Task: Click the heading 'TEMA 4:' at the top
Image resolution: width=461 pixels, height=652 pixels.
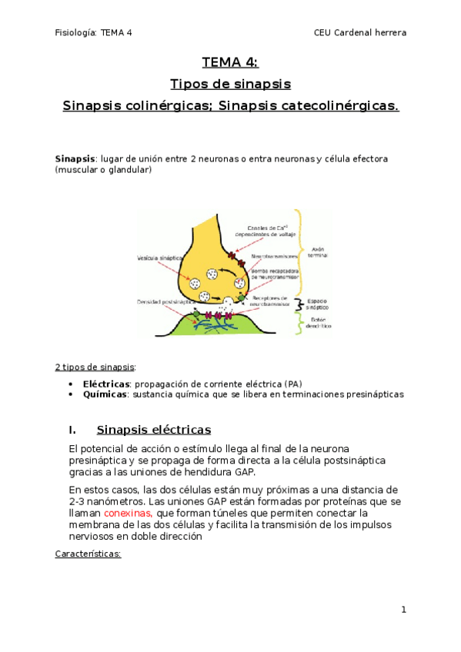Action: tap(230, 63)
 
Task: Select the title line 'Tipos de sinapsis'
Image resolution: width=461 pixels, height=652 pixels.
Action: tap(230, 84)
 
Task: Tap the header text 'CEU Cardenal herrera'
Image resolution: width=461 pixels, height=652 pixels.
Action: tap(360, 32)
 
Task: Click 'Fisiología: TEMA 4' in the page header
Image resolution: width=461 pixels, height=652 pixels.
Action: tap(94, 32)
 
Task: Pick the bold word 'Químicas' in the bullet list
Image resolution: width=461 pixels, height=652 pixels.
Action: tap(104, 394)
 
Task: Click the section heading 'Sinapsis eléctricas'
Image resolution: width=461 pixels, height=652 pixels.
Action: tap(153, 429)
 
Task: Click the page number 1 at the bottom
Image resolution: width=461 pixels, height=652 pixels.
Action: tap(403, 610)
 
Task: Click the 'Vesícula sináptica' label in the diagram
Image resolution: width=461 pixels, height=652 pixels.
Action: tap(160, 258)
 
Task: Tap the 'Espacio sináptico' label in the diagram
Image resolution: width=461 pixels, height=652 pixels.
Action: tap(318, 304)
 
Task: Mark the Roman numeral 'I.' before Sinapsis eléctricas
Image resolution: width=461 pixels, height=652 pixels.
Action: tap(72, 429)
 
